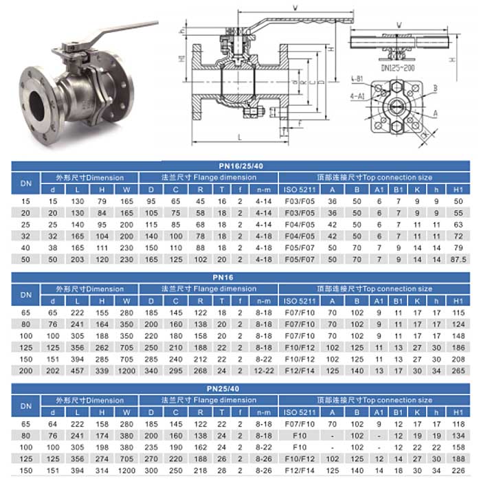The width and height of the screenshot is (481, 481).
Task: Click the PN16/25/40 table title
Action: point(240,165)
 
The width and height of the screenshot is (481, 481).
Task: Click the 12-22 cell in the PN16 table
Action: point(263,370)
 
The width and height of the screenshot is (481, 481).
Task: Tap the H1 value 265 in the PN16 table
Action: point(459,370)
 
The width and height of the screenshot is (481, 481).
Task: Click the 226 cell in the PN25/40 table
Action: point(459,471)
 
